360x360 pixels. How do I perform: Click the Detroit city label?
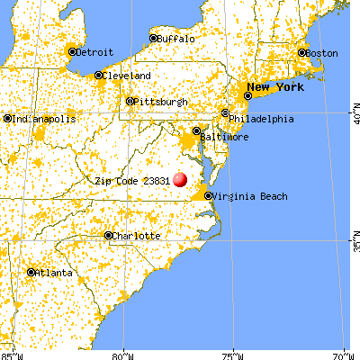(x=94, y=52)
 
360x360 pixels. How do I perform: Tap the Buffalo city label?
(x=174, y=39)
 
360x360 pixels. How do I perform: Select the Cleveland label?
(x=126, y=76)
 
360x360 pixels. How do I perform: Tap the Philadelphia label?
(x=261, y=118)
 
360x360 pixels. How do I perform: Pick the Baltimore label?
(x=225, y=136)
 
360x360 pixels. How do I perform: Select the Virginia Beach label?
(x=246, y=195)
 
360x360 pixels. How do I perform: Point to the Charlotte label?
(x=136, y=236)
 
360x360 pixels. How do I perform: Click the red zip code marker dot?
(x=180, y=180)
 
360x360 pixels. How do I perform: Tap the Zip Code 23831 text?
(x=132, y=180)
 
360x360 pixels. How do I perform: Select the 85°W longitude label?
(x=11, y=354)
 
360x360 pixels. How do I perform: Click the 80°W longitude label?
(x=122, y=354)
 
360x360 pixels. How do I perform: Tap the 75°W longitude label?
(x=234, y=354)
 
